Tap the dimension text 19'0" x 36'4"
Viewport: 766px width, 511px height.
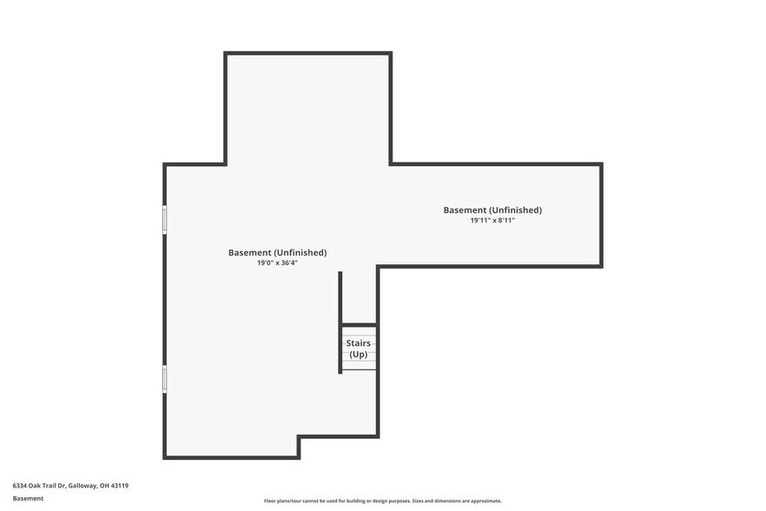tap(277, 262)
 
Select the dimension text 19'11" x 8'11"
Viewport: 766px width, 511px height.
tap(492, 221)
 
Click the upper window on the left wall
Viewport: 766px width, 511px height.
tap(164, 219)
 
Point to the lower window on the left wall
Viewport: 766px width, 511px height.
tap(164, 379)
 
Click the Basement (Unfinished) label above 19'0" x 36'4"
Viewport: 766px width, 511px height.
tap(277, 253)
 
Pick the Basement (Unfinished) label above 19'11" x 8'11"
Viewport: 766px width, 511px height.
tap(492, 210)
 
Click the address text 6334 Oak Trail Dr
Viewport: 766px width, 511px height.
tap(40, 486)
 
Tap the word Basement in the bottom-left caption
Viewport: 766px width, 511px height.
tap(28, 499)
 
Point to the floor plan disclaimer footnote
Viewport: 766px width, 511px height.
tap(382, 501)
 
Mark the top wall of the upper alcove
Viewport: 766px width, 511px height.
tap(308, 54)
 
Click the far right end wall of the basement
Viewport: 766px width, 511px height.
tap(601, 215)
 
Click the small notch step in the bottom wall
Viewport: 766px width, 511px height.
tap(299, 447)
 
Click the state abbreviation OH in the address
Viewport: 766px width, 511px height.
tap(104, 486)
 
